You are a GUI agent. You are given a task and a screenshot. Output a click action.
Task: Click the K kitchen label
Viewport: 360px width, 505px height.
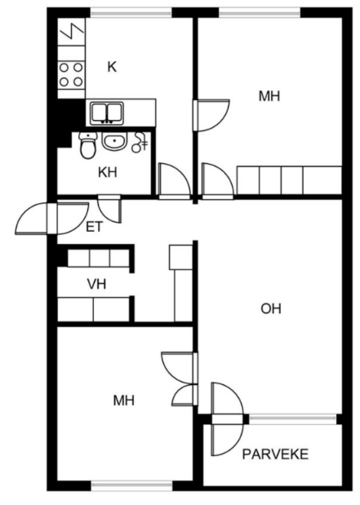pos(112,67)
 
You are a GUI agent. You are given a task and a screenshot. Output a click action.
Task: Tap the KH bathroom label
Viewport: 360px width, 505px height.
pos(107,173)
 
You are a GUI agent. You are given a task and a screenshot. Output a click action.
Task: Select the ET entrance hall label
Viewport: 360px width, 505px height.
pos(94,228)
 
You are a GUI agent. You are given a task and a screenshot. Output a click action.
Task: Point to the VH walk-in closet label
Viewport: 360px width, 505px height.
pos(96,284)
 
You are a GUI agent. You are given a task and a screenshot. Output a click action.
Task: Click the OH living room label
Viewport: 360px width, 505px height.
pos(271,309)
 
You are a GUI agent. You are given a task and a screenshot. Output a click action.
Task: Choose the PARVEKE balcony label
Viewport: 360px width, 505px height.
pos(275,454)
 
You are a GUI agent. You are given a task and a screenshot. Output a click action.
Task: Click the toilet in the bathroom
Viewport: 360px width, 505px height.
pos(88,145)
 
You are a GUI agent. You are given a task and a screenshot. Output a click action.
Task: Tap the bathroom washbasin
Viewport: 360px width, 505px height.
pos(115,141)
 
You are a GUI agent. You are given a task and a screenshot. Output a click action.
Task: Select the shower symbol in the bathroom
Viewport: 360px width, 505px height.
pos(140,142)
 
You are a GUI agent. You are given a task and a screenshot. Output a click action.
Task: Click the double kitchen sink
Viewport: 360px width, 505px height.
pos(107,113)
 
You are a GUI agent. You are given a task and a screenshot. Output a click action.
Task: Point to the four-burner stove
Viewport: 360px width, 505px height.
pos(71,75)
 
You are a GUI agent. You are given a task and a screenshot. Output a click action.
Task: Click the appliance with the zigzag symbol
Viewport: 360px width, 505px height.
pos(71,32)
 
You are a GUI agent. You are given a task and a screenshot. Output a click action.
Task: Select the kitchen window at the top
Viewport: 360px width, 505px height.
pos(131,12)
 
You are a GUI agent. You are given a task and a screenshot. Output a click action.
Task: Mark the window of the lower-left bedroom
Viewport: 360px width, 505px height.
pos(131,485)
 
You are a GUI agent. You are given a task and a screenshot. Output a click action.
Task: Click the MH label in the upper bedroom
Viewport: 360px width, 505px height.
pos(269,96)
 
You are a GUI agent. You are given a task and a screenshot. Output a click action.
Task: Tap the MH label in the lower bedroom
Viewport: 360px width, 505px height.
pos(124,401)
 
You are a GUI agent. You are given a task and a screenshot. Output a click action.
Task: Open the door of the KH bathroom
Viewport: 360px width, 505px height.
pos(109,209)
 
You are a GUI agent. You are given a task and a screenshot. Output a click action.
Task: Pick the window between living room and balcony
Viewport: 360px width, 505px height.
pos(292,419)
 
